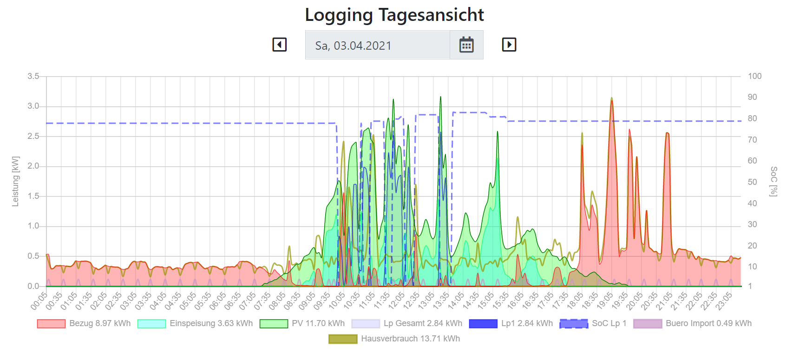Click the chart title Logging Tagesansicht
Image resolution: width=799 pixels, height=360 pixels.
pyautogui.click(x=394, y=15)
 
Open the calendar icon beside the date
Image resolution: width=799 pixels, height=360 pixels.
pyautogui.click(x=466, y=45)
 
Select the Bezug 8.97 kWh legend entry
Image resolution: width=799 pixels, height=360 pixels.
pyautogui.click(x=84, y=323)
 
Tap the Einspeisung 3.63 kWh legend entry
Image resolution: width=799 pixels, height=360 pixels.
pyautogui.click(x=195, y=323)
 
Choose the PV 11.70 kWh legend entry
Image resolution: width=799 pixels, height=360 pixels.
pyautogui.click(x=302, y=323)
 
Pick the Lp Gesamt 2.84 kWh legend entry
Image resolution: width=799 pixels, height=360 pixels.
pyautogui.click(x=407, y=323)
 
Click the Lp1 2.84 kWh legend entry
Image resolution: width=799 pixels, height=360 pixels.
pyautogui.click(x=511, y=323)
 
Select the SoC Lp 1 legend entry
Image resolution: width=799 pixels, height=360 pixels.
pyautogui.click(x=593, y=323)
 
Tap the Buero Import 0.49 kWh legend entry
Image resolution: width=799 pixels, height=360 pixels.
pyautogui.click(x=693, y=323)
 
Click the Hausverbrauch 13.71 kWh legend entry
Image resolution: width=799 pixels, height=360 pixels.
pyautogui.click(x=394, y=339)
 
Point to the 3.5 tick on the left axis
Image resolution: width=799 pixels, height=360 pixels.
pyautogui.click(x=33, y=76)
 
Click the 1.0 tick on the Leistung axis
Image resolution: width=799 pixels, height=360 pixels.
pyautogui.click(x=33, y=226)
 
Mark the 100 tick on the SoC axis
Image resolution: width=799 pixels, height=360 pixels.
pyautogui.click(x=754, y=76)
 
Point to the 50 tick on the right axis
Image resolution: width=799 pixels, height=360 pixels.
pyautogui.click(x=752, y=182)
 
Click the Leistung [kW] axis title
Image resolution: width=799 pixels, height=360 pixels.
pyautogui.click(x=16, y=181)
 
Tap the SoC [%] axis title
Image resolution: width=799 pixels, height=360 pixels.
pyautogui.click(x=773, y=181)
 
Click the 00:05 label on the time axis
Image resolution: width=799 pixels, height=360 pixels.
pyautogui.click(x=39, y=301)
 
